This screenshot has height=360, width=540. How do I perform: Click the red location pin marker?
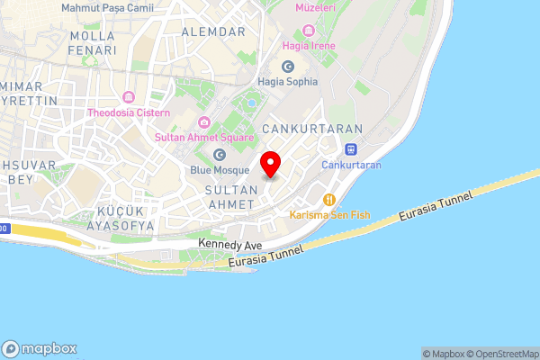click(x=271, y=165)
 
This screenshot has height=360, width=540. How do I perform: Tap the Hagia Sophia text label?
click(x=288, y=82)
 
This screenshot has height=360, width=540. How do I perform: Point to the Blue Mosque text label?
click(x=219, y=169)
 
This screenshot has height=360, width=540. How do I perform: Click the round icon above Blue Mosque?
click(x=219, y=155)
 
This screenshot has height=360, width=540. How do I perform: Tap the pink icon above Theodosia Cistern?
click(x=130, y=97)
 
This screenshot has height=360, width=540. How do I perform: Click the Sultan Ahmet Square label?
click(x=204, y=137)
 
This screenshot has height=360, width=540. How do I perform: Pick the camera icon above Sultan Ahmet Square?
click(x=204, y=122)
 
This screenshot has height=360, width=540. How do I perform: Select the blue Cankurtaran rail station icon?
click(x=352, y=150)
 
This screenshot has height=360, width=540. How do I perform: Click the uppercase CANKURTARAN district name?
click(x=311, y=130)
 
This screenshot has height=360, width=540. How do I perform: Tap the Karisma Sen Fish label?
click(x=329, y=214)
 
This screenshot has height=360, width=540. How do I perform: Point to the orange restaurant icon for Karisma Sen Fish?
click(x=330, y=199)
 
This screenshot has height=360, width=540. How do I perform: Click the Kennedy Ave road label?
click(x=230, y=245)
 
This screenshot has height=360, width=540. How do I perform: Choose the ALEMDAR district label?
click(x=213, y=31)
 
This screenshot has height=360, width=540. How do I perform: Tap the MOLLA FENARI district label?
click(x=93, y=43)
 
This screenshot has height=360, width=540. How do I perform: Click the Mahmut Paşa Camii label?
click(x=107, y=7)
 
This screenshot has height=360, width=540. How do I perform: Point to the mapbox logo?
click(x=40, y=348)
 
